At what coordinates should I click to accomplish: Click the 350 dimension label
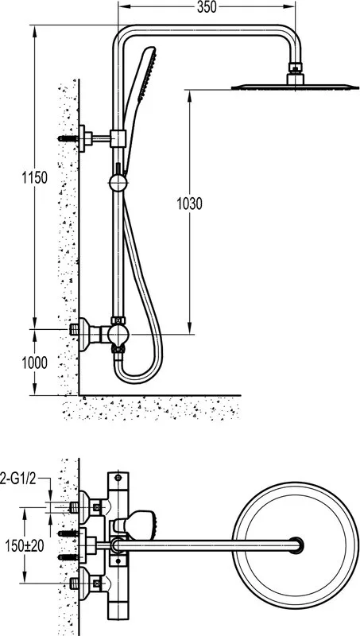[207, 7]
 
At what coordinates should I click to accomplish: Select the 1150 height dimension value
[34, 177]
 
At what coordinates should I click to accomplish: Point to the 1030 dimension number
[189, 204]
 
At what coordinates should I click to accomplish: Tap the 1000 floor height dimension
[34, 363]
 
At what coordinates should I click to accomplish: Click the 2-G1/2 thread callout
[18, 480]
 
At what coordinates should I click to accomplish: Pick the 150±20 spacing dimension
[25, 546]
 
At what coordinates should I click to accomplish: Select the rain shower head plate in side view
[295, 87]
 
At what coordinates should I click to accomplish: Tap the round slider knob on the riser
[118, 183]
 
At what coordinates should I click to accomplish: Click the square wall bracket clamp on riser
[118, 138]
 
